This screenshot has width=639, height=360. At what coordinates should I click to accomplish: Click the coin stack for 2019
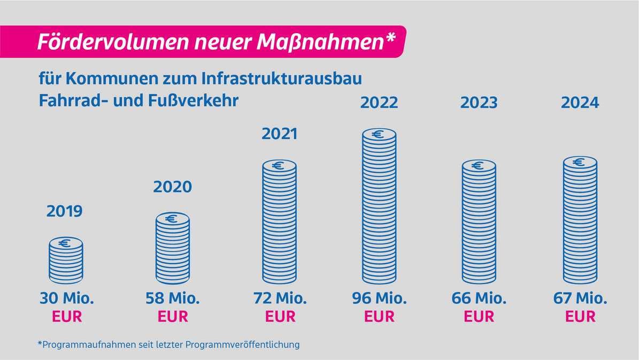tap(66, 261)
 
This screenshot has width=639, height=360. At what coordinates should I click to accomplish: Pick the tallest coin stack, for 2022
tap(379, 206)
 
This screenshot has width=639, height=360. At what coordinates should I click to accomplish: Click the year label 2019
tap(65, 211)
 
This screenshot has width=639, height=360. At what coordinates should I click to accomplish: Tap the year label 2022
tap(379, 102)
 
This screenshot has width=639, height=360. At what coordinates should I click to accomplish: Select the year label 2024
tap(580, 102)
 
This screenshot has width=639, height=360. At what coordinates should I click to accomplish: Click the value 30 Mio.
tap(67, 298)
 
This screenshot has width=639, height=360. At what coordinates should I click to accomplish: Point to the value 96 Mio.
tap(379, 298)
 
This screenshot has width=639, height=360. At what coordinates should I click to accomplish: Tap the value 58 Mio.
tap(173, 298)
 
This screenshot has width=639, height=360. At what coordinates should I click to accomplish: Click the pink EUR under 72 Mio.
tap(280, 317)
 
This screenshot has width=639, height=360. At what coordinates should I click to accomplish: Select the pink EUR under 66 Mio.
tap(479, 317)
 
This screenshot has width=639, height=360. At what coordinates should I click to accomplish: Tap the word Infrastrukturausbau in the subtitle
tap(282, 79)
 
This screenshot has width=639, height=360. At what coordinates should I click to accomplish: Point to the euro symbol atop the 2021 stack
tap(278, 166)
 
